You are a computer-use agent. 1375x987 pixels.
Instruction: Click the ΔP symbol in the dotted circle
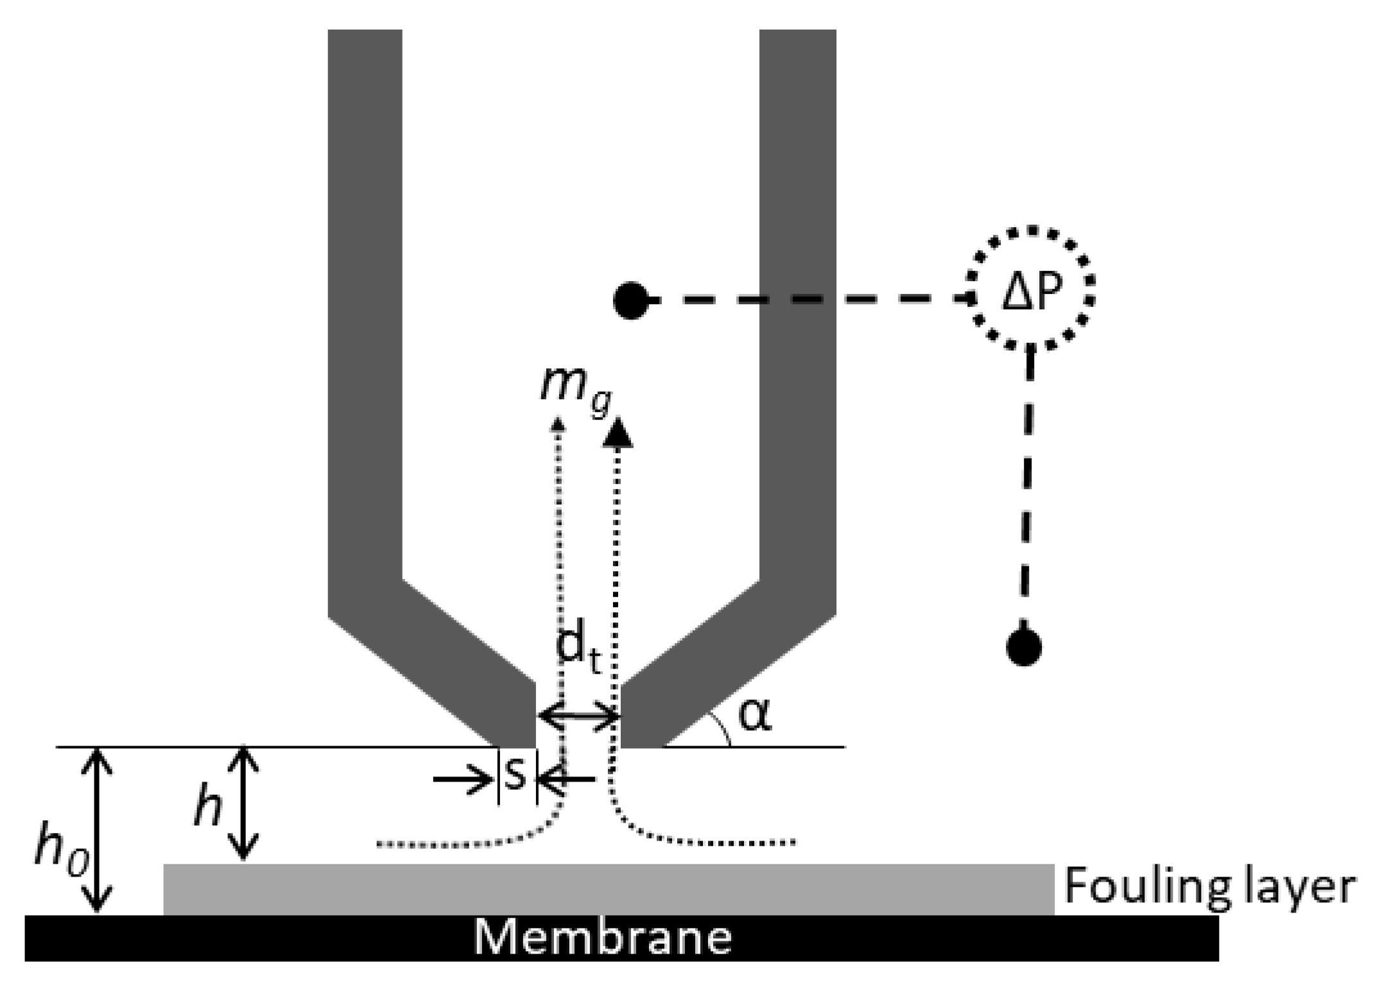point(1030,295)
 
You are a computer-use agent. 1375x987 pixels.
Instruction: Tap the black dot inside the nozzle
point(630,300)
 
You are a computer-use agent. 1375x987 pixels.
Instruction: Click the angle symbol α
point(755,716)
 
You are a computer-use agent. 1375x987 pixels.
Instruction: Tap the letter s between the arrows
point(516,774)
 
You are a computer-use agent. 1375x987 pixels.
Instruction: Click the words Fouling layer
point(1209,887)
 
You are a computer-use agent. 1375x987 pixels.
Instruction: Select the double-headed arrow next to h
point(243,802)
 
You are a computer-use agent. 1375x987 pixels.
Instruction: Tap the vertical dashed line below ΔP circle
point(1028,488)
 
